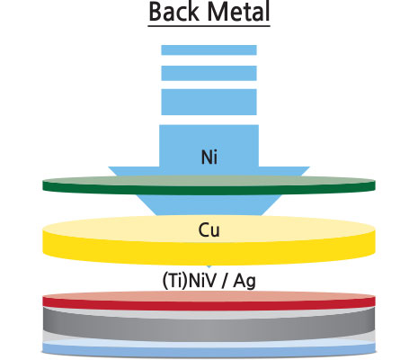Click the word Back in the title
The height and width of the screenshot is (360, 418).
pos(173,12)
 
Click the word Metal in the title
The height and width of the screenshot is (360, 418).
pos(238,12)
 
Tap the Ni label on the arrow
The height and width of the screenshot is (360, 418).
pos(209,157)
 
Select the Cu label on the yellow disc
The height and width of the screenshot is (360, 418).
pos(209,230)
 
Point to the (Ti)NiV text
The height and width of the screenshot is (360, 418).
pos(190,281)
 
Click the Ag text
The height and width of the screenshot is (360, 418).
pos(245,282)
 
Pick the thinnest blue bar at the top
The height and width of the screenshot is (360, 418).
pos(209,50)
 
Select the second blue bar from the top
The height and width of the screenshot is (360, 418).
pos(209,73)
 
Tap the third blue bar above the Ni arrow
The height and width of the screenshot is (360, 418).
pos(209,102)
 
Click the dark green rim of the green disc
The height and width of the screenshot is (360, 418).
pos(209,190)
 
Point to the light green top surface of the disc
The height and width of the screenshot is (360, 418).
pos(209,181)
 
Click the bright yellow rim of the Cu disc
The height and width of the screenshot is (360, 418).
pos(209,253)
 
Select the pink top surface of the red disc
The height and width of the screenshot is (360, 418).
pos(209,295)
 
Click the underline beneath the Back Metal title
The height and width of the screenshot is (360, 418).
pos(209,26)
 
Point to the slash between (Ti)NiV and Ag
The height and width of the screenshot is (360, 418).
pos(225,282)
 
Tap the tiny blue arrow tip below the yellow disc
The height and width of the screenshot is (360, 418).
pos(209,266)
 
